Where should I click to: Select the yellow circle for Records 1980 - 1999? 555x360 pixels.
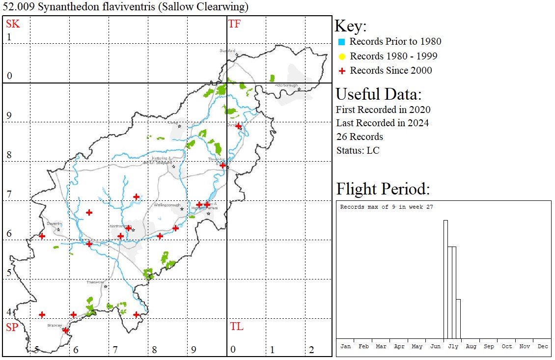(x=342, y=56)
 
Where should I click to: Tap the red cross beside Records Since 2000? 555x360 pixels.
(x=342, y=71)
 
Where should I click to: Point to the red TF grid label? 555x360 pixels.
(x=234, y=24)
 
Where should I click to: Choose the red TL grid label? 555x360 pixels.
(x=236, y=327)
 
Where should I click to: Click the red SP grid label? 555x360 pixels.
(x=12, y=327)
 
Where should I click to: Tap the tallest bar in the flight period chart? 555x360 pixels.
(x=445, y=279)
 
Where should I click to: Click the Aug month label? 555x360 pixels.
(x=471, y=346)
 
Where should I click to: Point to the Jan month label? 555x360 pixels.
(x=345, y=346)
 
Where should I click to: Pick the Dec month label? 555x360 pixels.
(x=542, y=346)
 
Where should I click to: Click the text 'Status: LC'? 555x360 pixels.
(x=358, y=150)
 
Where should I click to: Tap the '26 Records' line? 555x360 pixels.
(x=360, y=137)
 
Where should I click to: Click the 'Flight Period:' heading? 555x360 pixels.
(x=383, y=189)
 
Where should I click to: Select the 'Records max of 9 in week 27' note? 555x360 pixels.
(x=386, y=207)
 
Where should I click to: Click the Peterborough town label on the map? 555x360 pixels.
(x=286, y=85)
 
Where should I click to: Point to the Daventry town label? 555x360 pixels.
(x=54, y=223)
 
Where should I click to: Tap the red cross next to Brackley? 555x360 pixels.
(x=65, y=331)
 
